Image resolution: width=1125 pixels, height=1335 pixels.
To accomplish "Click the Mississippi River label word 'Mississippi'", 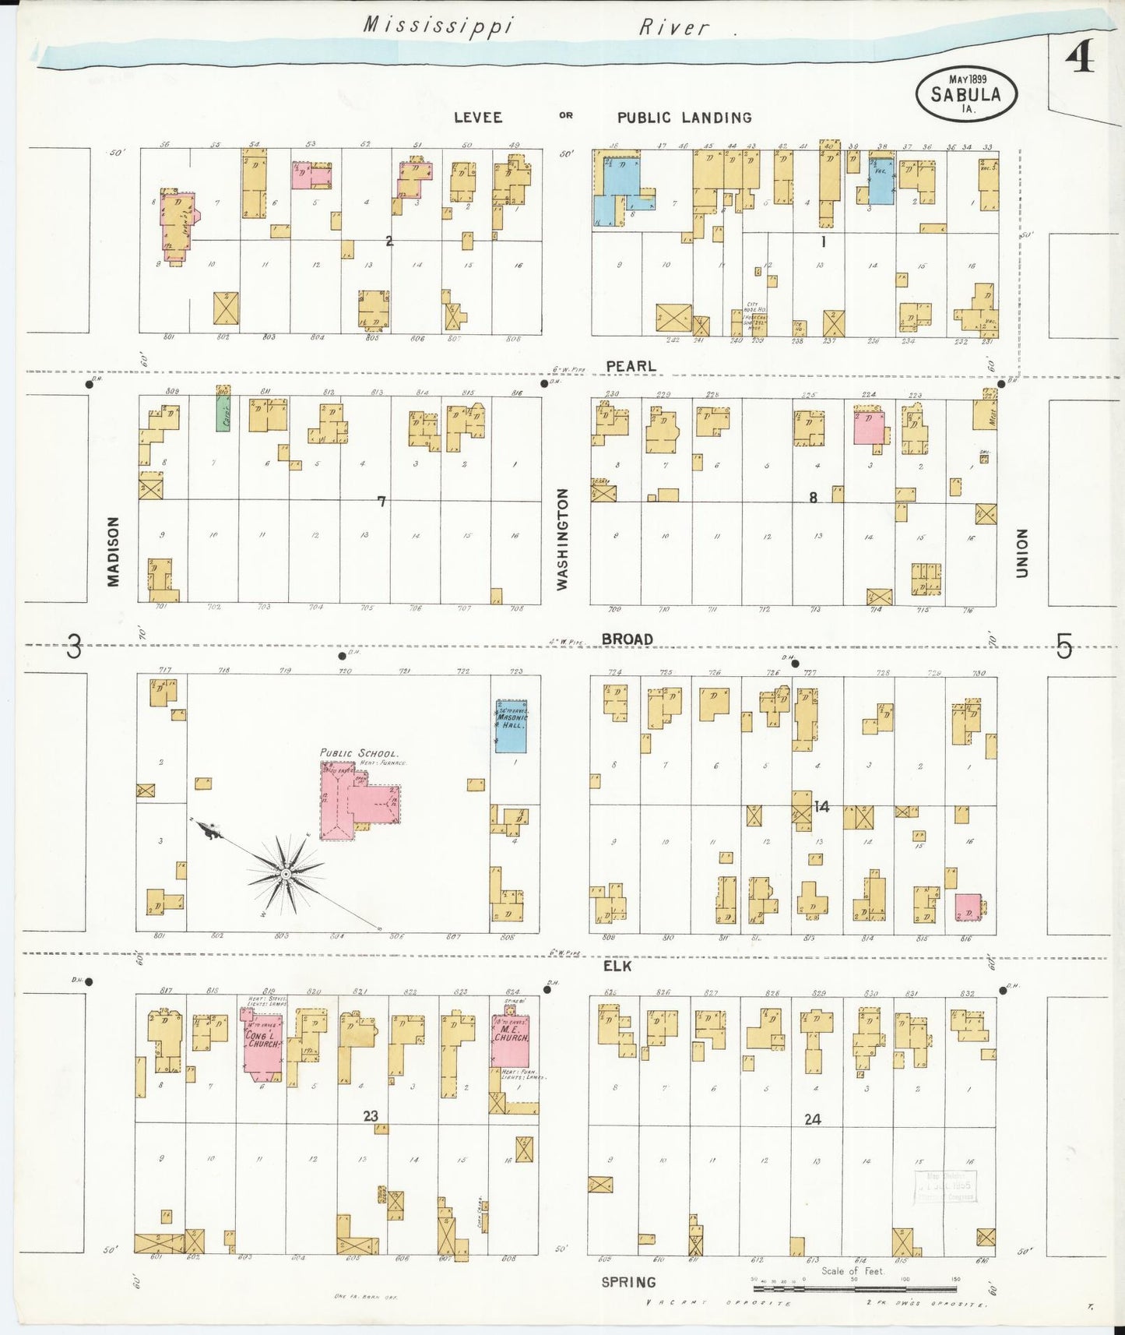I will (x=438, y=26).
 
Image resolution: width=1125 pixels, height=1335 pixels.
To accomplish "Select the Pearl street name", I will (x=631, y=366).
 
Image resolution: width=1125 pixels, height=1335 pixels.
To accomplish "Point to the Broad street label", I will (x=627, y=639).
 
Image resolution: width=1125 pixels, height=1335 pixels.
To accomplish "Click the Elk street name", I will (x=617, y=966).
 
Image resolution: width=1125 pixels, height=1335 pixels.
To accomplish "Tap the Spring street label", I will (x=628, y=1282).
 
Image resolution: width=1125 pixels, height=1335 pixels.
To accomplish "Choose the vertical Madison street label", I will (x=114, y=551).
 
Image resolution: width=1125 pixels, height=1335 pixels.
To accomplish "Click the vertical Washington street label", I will (x=563, y=539).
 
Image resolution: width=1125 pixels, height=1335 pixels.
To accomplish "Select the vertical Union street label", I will (x=1021, y=553).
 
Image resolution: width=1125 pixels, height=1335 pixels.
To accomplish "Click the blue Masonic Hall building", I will (x=511, y=726).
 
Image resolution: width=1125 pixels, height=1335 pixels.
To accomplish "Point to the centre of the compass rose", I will (x=287, y=875).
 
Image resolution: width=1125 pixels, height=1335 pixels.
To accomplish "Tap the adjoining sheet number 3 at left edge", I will (x=73, y=646).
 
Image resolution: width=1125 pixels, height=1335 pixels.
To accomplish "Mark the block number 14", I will (x=821, y=807).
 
